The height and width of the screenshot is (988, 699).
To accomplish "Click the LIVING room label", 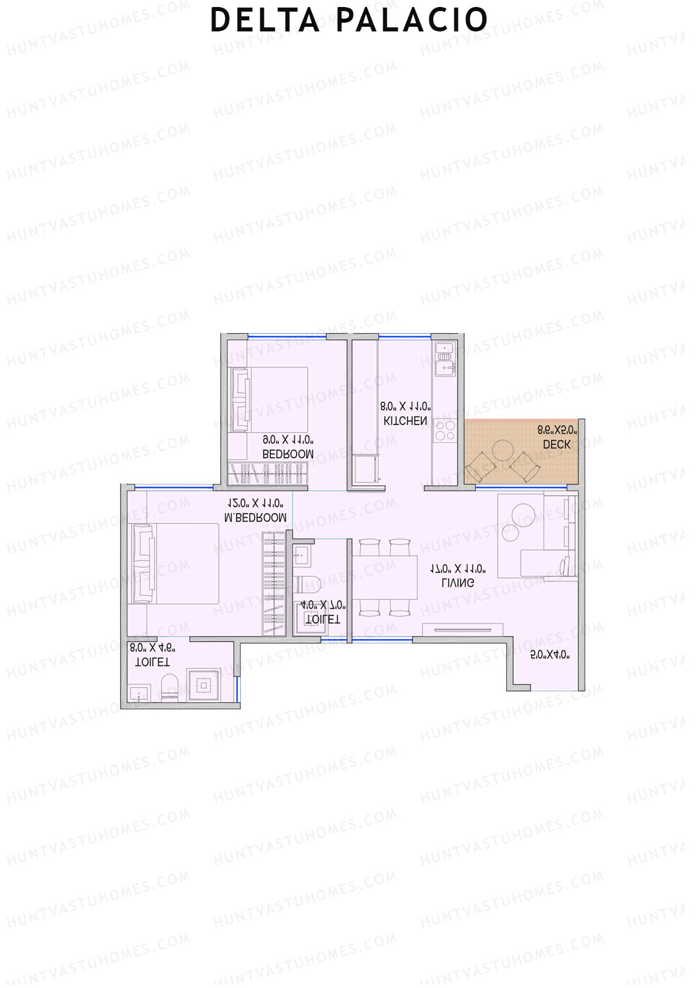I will (458, 582).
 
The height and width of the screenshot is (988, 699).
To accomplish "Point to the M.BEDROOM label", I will (255, 517).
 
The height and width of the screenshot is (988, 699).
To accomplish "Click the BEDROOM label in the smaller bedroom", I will (288, 454).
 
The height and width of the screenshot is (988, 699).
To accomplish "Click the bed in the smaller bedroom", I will (268, 399).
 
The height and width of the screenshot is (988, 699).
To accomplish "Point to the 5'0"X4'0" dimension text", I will (550, 655).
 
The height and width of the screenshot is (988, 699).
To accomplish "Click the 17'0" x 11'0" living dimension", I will (458, 568).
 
